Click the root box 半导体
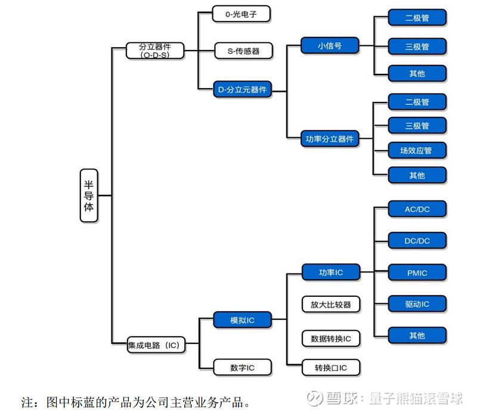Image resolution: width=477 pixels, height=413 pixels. tap(89, 195)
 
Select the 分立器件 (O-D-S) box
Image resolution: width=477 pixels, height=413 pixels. tap(154, 50)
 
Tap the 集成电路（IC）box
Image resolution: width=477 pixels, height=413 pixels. tap(154, 344)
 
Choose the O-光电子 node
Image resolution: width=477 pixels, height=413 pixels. tap(241, 14)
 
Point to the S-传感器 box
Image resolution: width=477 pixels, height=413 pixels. tap(243, 51)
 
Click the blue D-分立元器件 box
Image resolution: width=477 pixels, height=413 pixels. tap(242, 89)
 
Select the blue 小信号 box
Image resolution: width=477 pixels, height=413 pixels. tap(330, 45)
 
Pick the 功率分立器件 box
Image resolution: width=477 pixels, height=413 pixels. tap(330, 139)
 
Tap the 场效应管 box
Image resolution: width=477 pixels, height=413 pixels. tap(417, 150)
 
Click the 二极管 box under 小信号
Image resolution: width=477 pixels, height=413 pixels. tap(417, 17)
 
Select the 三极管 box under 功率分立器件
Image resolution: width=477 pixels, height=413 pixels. tap(417, 126)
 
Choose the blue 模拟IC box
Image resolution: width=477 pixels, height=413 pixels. tap(242, 320)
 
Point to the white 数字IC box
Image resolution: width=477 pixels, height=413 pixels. tap(242, 367)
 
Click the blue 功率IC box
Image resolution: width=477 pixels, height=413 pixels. tap(330, 272)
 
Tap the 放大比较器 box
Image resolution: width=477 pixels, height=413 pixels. tap(330, 304)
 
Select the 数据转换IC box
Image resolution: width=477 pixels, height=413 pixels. tap(331, 339)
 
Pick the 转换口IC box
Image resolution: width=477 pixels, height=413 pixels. tap(331, 367)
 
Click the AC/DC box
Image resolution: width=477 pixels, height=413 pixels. tap(417, 209)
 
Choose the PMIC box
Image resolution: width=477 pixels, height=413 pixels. tap(417, 272)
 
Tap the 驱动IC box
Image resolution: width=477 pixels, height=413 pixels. tap(417, 304)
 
